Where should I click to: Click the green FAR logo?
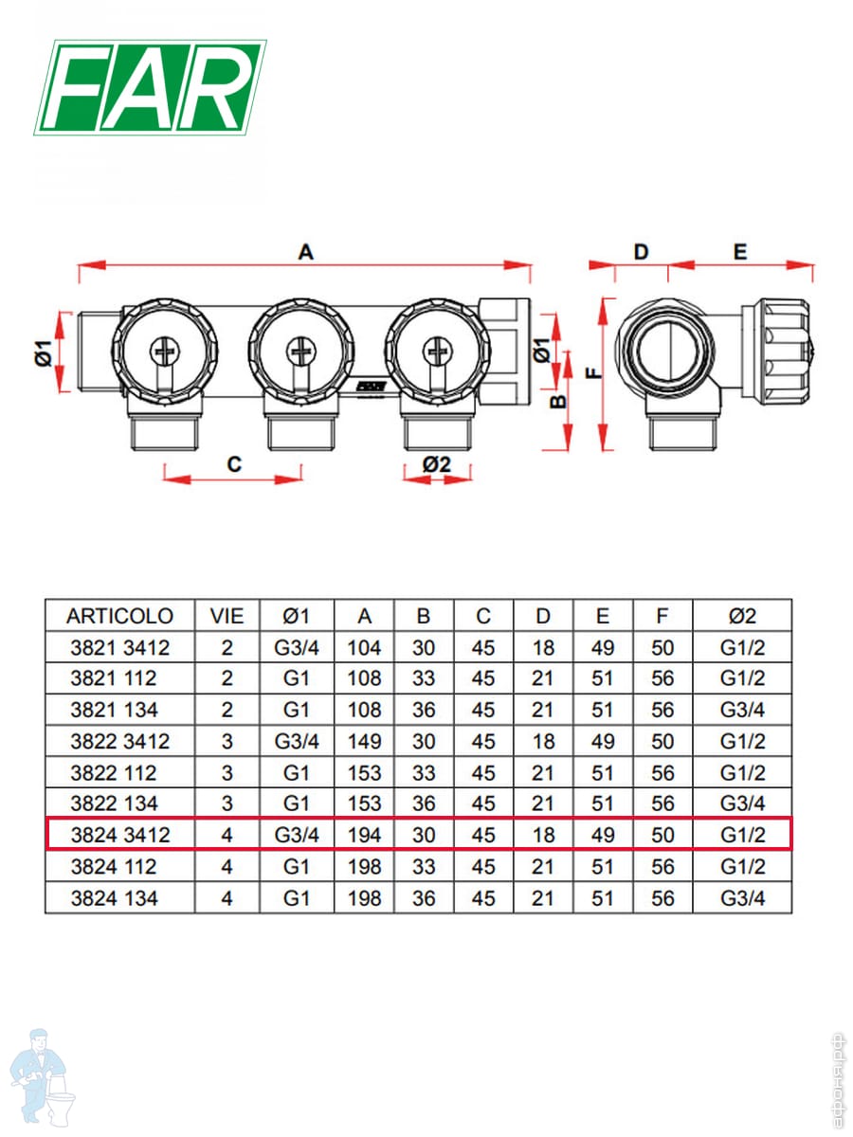(x=150, y=87)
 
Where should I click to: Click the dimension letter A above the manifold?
(x=306, y=252)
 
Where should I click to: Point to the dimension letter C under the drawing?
(x=234, y=463)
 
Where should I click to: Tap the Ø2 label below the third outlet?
(x=437, y=463)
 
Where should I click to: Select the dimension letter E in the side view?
(x=740, y=252)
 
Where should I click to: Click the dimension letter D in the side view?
(x=641, y=252)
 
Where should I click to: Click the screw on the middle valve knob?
(x=300, y=352)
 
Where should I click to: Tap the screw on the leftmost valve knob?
(x=164, y=352)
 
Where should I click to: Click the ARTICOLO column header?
(x=119, y=616)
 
